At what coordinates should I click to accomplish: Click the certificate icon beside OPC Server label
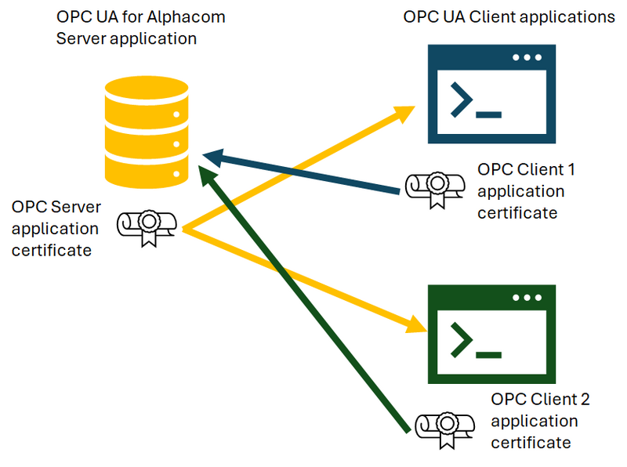tap(147, 226)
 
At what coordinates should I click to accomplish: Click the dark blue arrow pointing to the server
tap(306, 171)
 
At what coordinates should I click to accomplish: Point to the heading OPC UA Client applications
tap(509, 17)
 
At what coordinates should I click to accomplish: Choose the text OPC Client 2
tap(539, 400)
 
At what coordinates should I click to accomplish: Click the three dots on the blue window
tap(526, 58)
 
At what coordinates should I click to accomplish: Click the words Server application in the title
tap(125, 38)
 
